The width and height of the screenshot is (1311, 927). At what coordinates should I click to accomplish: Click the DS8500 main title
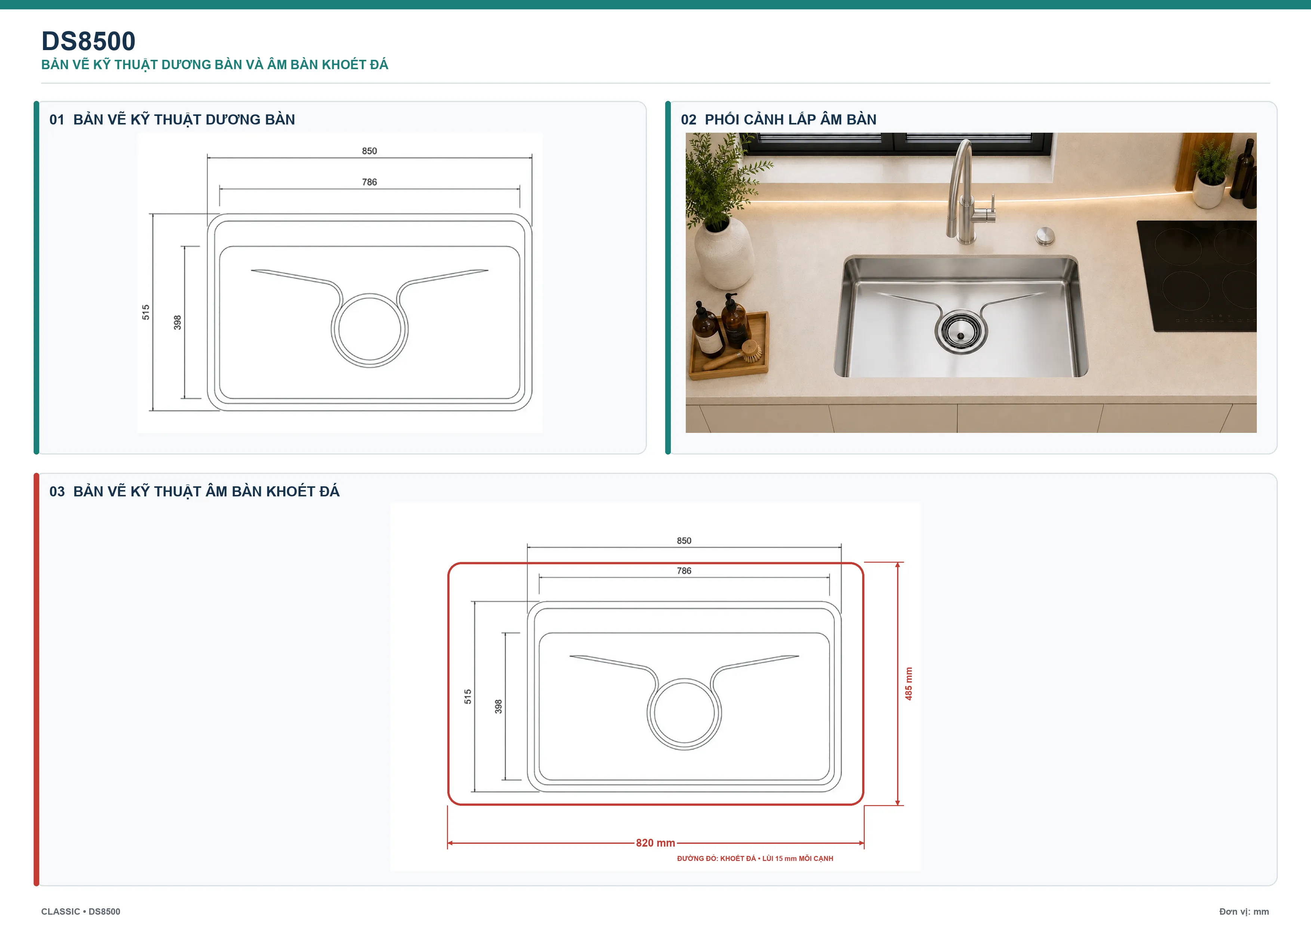tap(89, 41)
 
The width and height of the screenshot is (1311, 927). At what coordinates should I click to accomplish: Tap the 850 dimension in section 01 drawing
tap(370, 151)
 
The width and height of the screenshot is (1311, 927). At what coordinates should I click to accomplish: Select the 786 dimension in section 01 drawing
tap(370, 182)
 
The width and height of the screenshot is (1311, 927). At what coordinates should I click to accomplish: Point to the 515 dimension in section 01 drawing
tap(146, 312)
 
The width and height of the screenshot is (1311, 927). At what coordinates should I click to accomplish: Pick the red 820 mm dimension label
tap(655, 843)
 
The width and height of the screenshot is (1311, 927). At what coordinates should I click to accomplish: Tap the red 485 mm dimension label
tap(909, 684)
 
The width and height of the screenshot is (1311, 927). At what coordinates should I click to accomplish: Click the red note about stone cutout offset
tap(755, 859)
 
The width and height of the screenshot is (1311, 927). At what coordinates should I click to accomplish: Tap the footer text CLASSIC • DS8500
tap(80, 912)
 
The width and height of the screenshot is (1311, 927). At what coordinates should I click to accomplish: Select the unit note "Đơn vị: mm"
tap(1244, 912)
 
